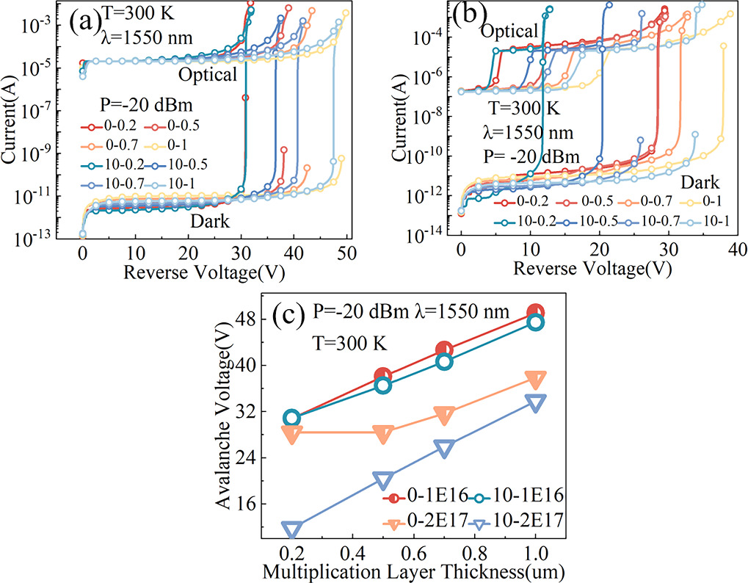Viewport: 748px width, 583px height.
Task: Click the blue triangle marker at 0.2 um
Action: (292, 529)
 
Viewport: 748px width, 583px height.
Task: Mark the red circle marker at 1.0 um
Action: (536, 313)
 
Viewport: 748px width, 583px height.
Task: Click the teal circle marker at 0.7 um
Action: (444, 362)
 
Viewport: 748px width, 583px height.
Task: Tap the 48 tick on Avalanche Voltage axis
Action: (259, 319)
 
